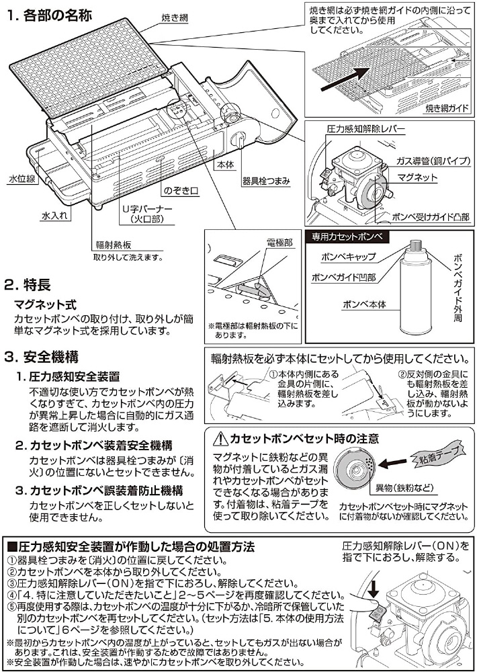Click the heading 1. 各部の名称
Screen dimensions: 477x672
pyautogui.click(x=50, y=15)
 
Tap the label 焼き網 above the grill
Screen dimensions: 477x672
pyautogui.click(x=175, y=18)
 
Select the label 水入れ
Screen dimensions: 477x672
pyautogui.click(x=54, y=215)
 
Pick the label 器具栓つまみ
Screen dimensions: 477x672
pyautogui.click(x=266, y=181)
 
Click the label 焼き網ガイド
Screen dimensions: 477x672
pyautogui.click(x=447, y=108)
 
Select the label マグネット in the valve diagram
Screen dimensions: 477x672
pyautogui.click(x=417, y=177)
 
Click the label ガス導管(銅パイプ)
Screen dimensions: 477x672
pyautogui.click(x=434, y=161)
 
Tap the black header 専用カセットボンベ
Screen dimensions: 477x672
pyautogui.click(x=347, y=237)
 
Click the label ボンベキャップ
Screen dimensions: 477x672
pyautogui.click(x=349, y=257)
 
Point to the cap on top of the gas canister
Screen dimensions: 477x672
pyautogui.click(x=415, y=246)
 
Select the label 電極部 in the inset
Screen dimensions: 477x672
pyautogui.click(x=279, y=243)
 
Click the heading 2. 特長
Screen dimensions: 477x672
pyautogui.click(x=28, y=284)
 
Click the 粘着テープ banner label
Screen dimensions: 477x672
pyautogui.click(x=437, y=455)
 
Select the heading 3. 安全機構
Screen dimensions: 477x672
pyautogui.click(x=42, y=357)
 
